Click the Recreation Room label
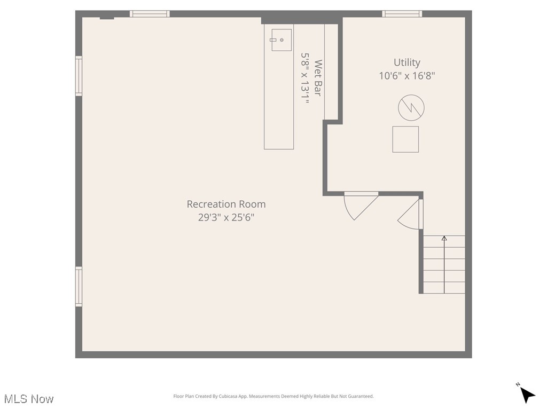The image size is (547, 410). pyautogui.click(x=226, y=204)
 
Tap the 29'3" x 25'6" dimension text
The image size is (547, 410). pyautogui.click(x=226, y=218)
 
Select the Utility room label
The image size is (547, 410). pyautogui.click(x=407, y=62)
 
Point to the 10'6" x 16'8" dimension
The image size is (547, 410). pyautogui.click(x=407, y=76)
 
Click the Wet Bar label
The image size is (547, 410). pyautogui.click(x=318, y=78)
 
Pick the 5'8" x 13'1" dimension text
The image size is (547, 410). pyautogui.click(x=305, y=78)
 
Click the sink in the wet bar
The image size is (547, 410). pyautogui.click(x=281, y=40)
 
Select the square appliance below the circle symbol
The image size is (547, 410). pyautogui.click(x=405, y=139)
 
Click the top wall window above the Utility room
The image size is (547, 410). pyautogui.click(x=402, y=14)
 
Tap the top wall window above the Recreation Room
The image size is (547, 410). pyautogui.click(x=150, y=14)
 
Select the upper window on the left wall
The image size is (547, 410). pyautogui.click(x=79, y=76)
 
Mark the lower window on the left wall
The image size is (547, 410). pyautogui.click(x=79, y=287)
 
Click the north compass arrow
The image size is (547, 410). pyautogui.click(x=527, y=394)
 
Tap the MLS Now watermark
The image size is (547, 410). pyautogui.click(x=29, y=399)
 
